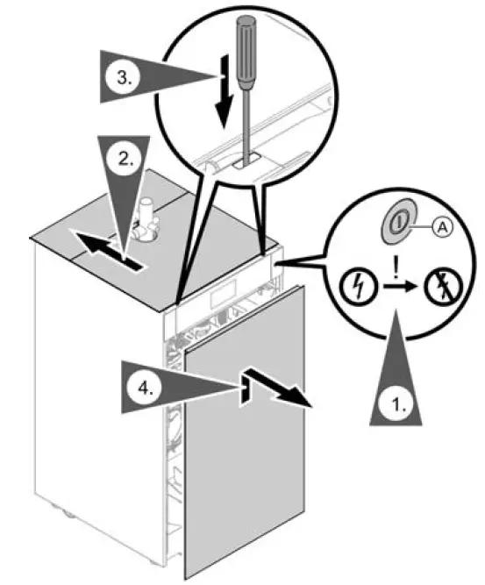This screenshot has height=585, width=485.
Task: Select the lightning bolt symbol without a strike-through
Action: (x=355, y=288)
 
